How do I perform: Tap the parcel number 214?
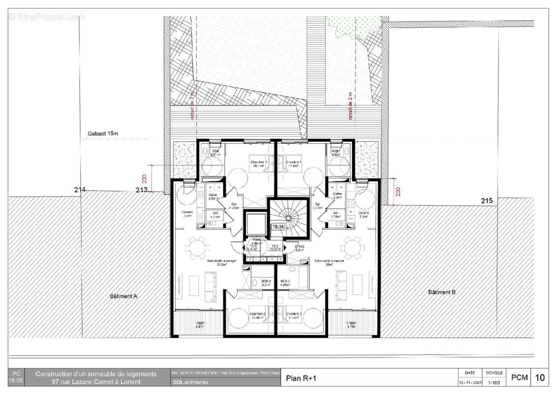(80, 190)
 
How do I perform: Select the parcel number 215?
(487, 201)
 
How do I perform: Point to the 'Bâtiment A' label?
(124, 296)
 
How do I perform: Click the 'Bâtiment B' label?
(441, 292)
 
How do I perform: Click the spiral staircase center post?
(288, 215)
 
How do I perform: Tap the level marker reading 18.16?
(278, 227)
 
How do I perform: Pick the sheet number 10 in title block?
(540, 378)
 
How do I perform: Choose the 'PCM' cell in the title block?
(519, 378)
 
